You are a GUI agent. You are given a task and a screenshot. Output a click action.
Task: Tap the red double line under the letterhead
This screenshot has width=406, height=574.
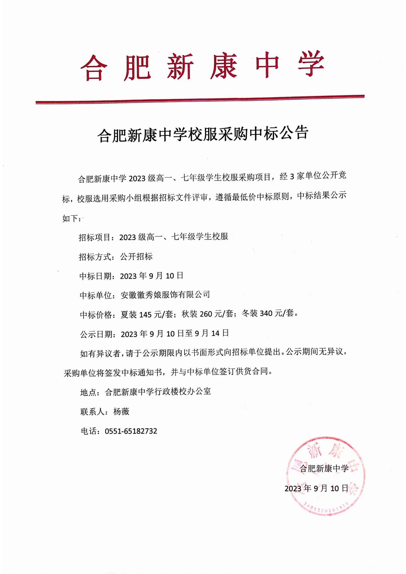(x=200, y=99)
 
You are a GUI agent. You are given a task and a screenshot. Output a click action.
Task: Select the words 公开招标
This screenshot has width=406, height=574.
(x=136, y=256)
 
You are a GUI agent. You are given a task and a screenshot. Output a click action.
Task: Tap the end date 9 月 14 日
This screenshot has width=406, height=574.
(x=211, y=333)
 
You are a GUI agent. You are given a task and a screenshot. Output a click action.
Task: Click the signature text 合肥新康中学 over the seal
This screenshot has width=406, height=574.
(x=324, y=468)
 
